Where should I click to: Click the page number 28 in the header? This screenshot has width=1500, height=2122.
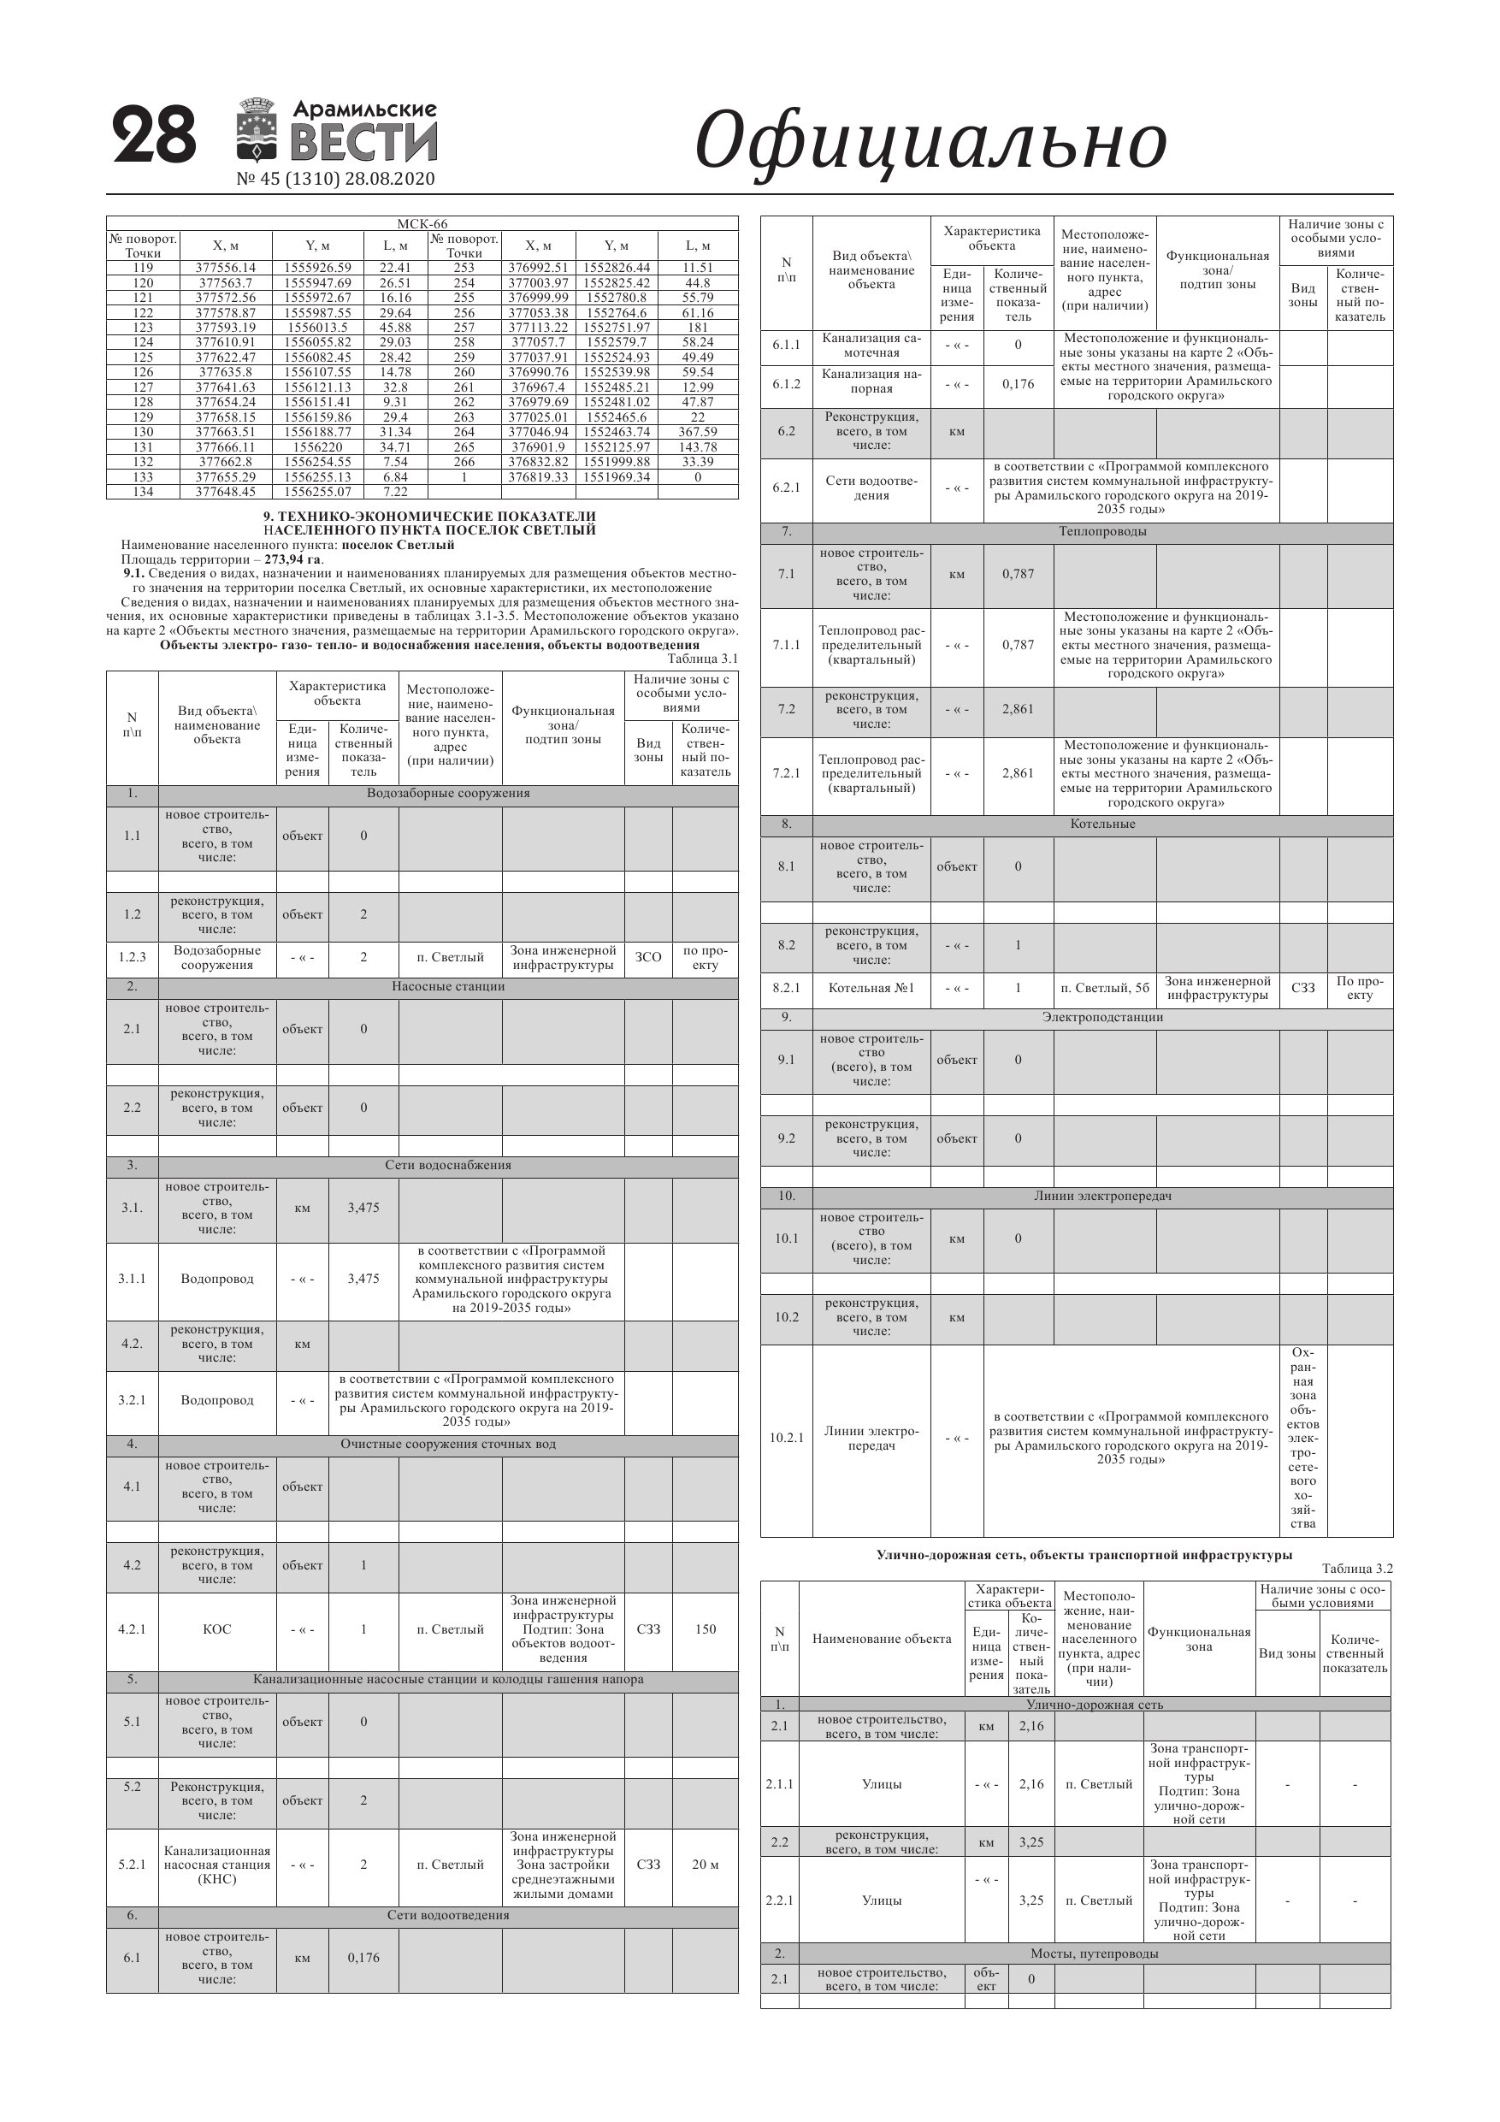154,136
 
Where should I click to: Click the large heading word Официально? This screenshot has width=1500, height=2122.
930,140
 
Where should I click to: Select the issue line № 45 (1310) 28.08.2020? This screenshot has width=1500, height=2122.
335,180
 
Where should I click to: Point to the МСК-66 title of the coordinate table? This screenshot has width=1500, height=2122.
422,223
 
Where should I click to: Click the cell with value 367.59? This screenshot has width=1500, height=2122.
697,432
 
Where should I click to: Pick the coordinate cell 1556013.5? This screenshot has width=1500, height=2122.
317,328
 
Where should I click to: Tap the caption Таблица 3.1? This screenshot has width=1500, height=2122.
702,659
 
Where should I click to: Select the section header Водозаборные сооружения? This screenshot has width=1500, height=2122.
448,794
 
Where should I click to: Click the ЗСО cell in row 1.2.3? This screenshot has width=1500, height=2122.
648,957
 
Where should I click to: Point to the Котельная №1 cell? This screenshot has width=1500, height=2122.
871,988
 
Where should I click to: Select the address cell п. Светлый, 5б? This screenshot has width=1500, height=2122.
1104,988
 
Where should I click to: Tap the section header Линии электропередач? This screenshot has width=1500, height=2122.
1102,1196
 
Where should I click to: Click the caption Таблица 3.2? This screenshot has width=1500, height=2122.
1356,1569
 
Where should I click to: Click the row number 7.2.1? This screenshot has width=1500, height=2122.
786,773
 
